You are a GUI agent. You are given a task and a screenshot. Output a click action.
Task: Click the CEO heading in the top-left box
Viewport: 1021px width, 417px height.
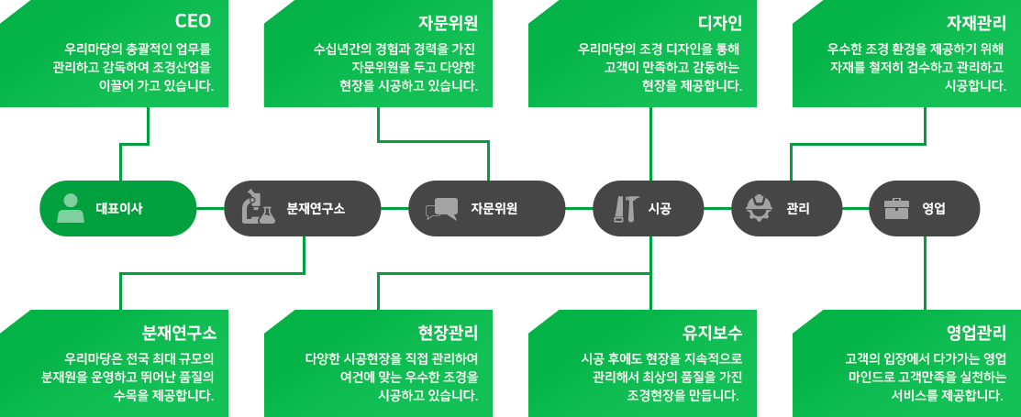pyautogui.click(x=194, y=22)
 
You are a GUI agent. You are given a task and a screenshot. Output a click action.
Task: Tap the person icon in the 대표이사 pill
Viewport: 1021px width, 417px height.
pyautogui.click(x=71, y=208)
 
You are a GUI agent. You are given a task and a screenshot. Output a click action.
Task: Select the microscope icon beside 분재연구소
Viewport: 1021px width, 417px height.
pyautogui.click(x=257, y=208)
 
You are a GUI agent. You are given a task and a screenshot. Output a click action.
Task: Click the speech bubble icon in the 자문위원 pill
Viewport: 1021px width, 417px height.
pyautogui.click(x=441, y=209)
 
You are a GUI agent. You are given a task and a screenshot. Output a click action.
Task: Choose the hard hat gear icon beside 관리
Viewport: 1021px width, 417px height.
pyautogui.click(x=759, y=208)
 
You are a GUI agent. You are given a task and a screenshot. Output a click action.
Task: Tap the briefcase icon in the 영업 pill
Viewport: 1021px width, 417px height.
pyautogui.click(x=896, y=208)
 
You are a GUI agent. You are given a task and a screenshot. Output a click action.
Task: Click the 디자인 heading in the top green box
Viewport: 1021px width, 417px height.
pyautogui.click(x=720, y=22)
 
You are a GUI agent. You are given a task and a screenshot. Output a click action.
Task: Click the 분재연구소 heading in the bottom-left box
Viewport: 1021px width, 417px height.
pyautogui.click(x=180, y=331)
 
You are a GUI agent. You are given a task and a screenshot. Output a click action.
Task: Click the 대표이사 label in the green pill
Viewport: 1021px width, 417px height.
pyautogui.click(x=119, y=208)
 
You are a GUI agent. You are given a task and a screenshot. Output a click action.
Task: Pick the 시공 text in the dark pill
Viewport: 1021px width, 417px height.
pyautogui.click(x=660, y=208)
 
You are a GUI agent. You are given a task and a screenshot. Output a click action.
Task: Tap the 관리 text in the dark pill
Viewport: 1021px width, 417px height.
pyautogui.click(x=797, y=208)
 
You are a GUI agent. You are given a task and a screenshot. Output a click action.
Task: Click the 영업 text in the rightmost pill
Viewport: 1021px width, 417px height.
pyautogui.click(x=935, y=208)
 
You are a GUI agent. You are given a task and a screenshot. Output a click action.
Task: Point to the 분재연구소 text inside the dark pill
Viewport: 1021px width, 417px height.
pyautogui.click(x=316, y=208)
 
